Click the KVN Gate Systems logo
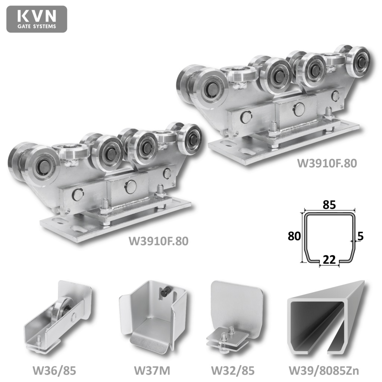pyautogui.click(x=37, y=19)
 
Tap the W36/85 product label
pyautogui.click(x=54, y=371)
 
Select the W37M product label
pyautogui.click(x=152, y=371)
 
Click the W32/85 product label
pyautogui.click(x=233, y=371)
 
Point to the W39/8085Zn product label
pyautogui.click(x=324, y=371)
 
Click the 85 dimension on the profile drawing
pyautogui.click(x=329, y=205)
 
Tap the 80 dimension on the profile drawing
pyautogui.click(x=294, y=236)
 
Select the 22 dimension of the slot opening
pyautogui.click(x=329, y=260)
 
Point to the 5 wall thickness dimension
pyautogui.click(x=361, y=236)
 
